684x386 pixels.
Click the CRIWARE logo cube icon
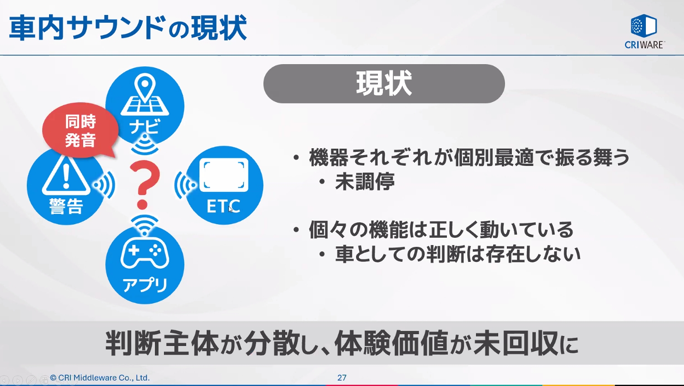tap(644, 26)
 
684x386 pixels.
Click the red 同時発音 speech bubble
tap(80, 130)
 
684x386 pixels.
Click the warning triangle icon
tap(66, 175)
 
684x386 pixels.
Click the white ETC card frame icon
tap(224, 175)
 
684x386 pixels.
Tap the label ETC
tap(223, 206)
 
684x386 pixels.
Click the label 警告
tap(66, 206)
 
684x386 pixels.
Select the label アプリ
tap(145, 285)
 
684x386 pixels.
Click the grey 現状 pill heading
tap(384, 84)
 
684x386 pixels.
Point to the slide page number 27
tap(342, 378)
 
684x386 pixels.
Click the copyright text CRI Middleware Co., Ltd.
tap(100, 378)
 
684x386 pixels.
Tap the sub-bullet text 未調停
tap(365, 182)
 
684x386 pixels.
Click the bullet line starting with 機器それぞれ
tap(469, 157)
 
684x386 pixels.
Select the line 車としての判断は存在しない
tap(458, 254)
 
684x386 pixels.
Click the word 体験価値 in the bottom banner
tap(392, 343)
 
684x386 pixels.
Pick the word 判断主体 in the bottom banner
tap(162, 343)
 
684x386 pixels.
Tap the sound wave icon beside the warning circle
tap(104, 185)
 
